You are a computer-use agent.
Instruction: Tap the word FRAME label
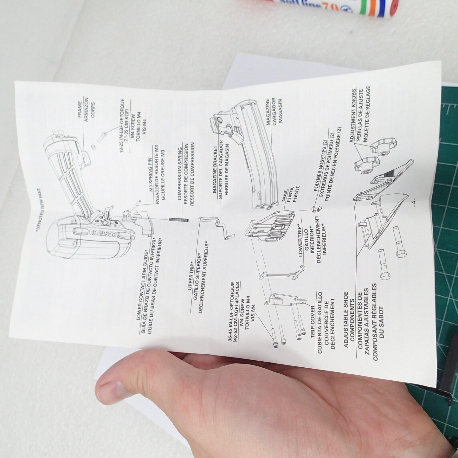coord(80,110)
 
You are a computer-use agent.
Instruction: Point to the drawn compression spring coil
coord(179,219)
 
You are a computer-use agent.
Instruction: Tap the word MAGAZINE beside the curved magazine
coord(268,112)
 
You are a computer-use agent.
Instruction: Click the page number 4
coord(414,203)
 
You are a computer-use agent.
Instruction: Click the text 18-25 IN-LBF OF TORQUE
coord(122,126)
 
